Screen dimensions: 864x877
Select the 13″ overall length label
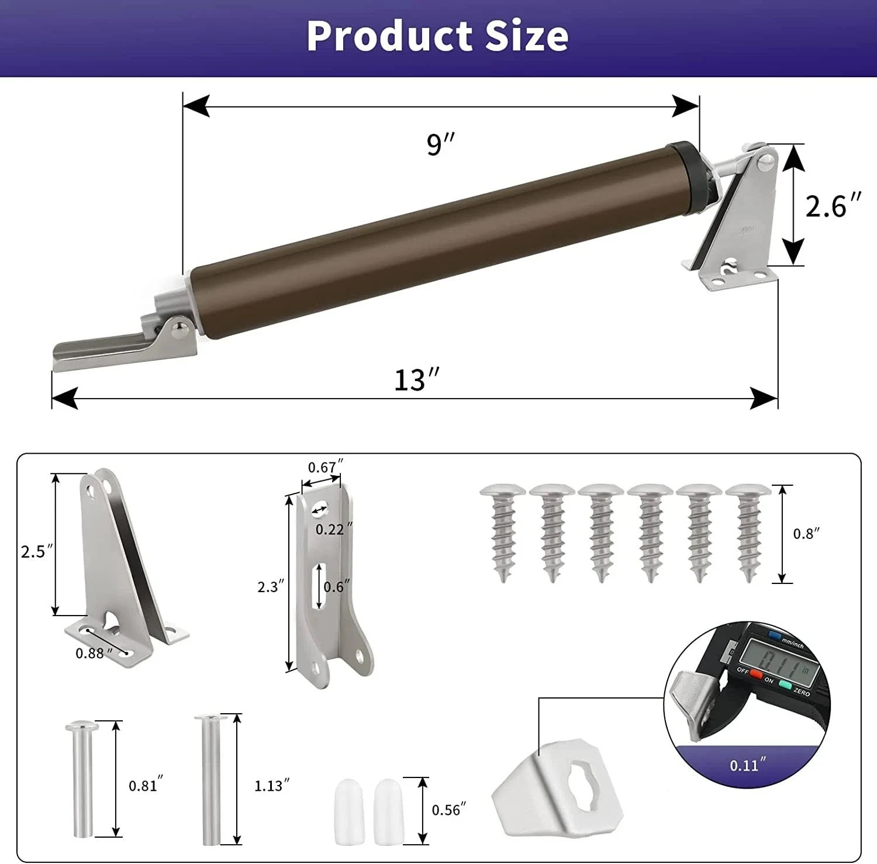pyautogui.click(x=416, y=380)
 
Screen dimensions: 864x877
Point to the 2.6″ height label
pyautogui.click(x=833, y=206)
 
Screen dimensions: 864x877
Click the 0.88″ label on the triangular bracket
pyautogui.click(x=93, y=653)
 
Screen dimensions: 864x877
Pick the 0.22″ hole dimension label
pyautogui.click(x=334, y=529)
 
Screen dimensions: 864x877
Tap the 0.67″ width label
pyautogui.click(x=325, y=467)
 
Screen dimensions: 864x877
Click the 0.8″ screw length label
pyautogui.click(x=806, y=534)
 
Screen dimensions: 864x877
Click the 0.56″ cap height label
pyautogui.click(x=448, y=810)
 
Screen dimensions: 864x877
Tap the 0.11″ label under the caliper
pyautogui.click(x=747, y=765)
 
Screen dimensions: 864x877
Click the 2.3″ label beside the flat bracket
pyautogui.click(x=271, y=586)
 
